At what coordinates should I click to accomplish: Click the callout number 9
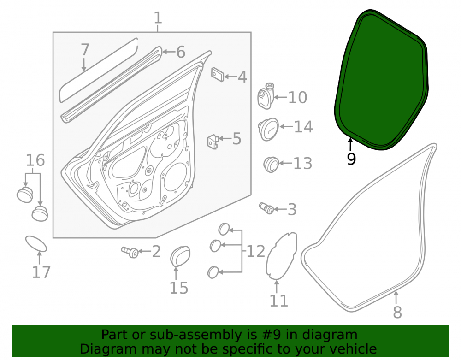[351, 159]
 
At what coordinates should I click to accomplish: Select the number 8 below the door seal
[397, 312]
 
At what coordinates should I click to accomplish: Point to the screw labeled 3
[266, 208]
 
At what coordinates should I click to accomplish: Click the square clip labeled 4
[218, 75]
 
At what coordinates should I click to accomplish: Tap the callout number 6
[181, 52]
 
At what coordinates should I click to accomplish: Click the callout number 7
[85, 49]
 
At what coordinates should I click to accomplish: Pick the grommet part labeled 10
[266, 96]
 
